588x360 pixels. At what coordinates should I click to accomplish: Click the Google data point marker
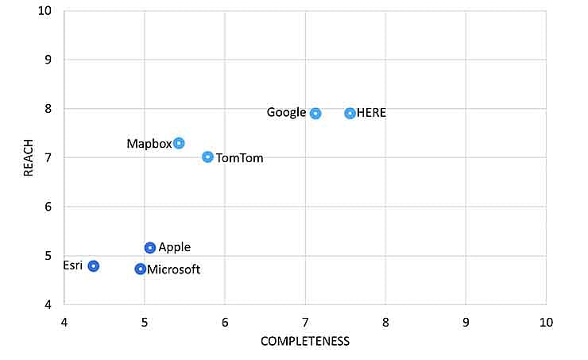(x=315, y=114)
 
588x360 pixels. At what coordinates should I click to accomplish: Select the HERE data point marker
(x=350, y=114)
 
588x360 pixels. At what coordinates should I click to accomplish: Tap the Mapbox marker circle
(x=179, y=143)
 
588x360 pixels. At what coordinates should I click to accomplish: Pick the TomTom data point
(x=207, y=157)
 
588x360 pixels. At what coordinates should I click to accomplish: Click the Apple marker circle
(x=150, y=248)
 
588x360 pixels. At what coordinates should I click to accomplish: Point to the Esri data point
(x=93, y=265)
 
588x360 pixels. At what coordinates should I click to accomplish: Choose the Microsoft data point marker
(x=140, y=269)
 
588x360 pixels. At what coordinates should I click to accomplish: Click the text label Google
(x=286, y=113)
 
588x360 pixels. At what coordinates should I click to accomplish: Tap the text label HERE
(x=371, y=113)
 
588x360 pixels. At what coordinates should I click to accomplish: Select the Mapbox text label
(x=149, y=144)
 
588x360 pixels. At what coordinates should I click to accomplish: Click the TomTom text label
(x=239, y=158)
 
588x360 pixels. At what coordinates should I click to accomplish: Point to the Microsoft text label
(x=173, y=269)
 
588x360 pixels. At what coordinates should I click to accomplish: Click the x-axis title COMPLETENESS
(x=304, y=341)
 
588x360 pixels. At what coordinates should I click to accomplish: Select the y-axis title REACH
(x=29, y=157)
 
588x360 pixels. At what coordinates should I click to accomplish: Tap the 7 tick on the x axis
(x=304, y=322)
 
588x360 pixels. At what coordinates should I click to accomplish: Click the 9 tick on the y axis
(x=47, y=60)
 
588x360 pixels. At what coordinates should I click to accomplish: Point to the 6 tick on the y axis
(x=47, y=207)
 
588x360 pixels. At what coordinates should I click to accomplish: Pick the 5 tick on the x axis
(x=144, y=322)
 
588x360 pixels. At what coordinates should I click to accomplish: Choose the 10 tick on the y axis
(x=44, y=11)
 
